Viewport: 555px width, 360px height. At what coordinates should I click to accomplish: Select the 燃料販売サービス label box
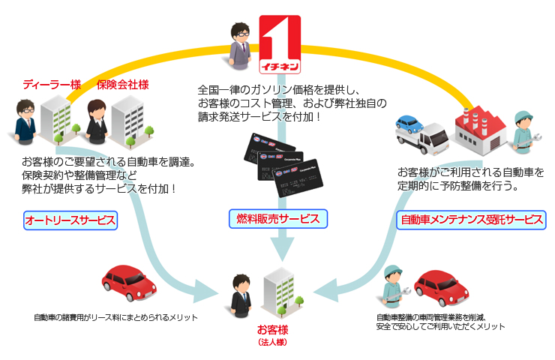[x=277, y=219]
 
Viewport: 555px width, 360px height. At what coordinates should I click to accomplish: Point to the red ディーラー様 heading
[x=52, y=85]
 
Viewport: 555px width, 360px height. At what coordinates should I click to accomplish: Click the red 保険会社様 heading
[x=122, y=85]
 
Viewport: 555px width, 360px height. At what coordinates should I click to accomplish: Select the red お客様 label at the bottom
[x=271, y=329]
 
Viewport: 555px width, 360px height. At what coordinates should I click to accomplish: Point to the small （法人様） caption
[x=271, y=342]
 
